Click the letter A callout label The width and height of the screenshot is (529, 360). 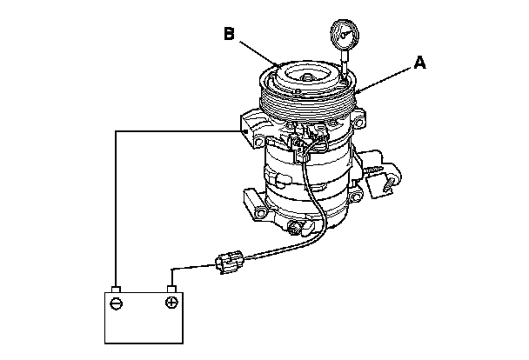coord(420,63)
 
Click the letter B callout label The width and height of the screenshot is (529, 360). coord(229,35)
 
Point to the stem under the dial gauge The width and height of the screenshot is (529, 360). coord(345,70)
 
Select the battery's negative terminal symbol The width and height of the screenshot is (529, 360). coord(117,303)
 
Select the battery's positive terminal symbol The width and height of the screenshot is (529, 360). coord(171,303)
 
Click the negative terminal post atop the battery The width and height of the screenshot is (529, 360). coord(117,287)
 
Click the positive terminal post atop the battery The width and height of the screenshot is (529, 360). coord(172,287)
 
